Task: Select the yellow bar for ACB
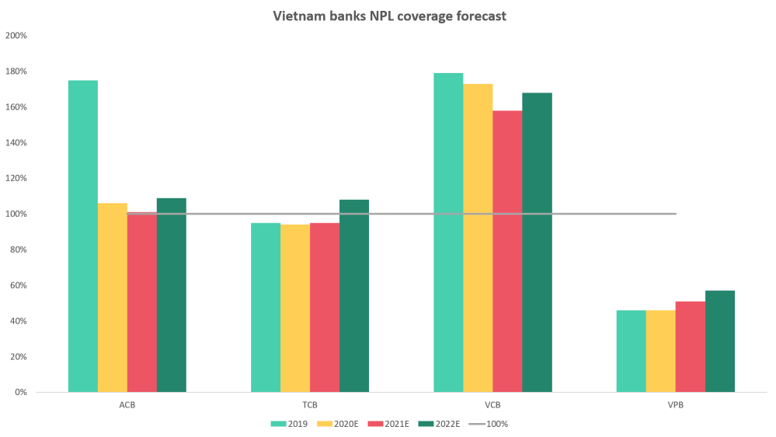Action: tap(112, 297)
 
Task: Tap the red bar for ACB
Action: tap(141, 302)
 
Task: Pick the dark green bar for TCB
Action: tap(354, 295)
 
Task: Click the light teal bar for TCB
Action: tap(266, 306)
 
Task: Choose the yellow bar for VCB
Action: tap(478, 237)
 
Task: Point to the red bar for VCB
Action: tap(507, 250)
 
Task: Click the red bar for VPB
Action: tap(690, 346)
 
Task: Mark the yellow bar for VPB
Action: tap(660, 351)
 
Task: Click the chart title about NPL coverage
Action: tap(389, 16)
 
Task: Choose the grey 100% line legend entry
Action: tap(486, 425)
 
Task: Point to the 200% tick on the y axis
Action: tap(17, 35)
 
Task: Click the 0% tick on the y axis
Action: tap(20, 393)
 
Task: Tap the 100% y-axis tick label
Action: tap(17, 214)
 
